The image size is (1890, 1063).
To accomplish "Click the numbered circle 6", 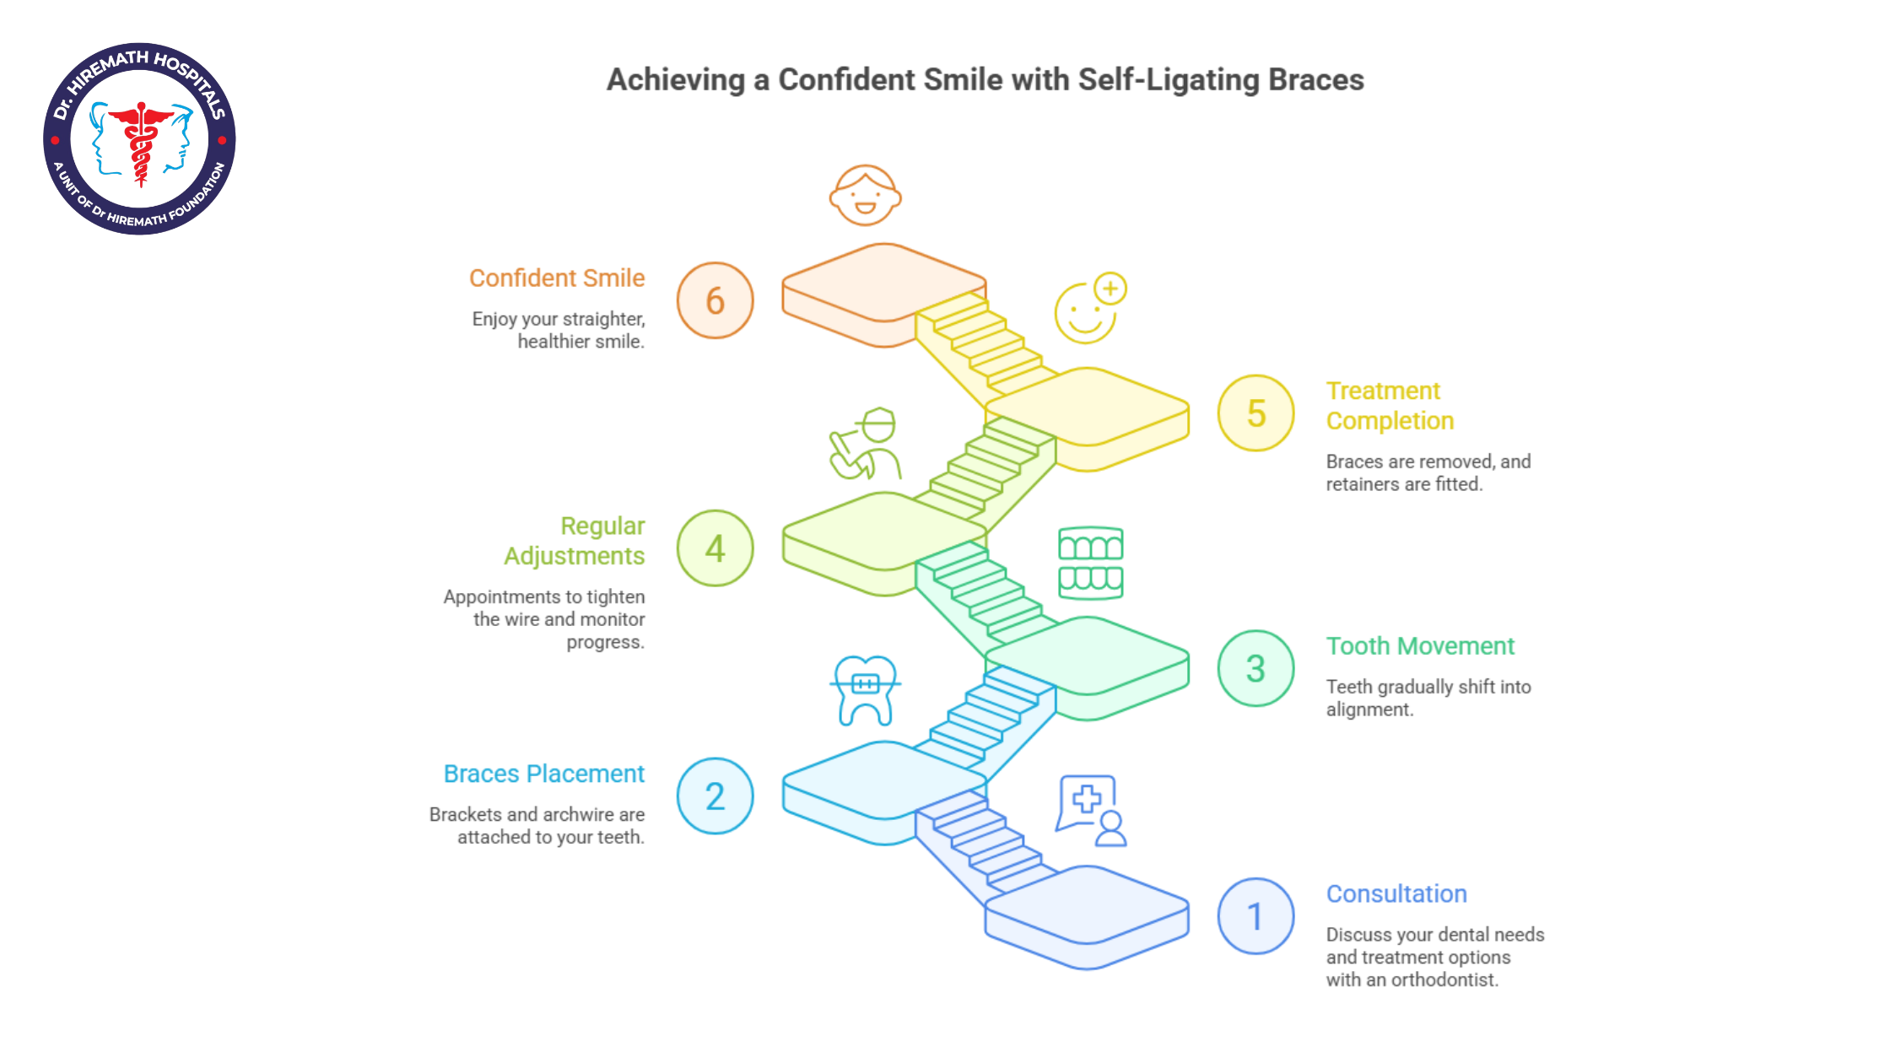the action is pos(715,300).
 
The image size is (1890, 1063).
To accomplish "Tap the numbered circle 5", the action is pos(1255,413).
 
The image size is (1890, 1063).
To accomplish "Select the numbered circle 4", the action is pos(715,548).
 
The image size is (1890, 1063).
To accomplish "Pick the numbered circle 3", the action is pos(1255,668).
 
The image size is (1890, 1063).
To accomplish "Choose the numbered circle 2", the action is pos(715,796).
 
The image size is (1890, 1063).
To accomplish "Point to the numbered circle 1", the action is pos(1255,916).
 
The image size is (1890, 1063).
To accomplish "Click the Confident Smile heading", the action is pos(557,278).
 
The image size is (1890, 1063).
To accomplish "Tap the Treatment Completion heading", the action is pos(1390,406).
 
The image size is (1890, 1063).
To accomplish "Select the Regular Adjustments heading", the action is pos(575,541).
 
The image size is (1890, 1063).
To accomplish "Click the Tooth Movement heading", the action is pos(1420,646).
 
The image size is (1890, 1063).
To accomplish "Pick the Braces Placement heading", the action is pos(544,774).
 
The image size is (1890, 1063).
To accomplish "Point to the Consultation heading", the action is pos(1396,894).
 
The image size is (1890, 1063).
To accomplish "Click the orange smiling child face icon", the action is pos(865,195).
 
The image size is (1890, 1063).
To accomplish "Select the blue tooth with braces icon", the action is pos(865,691).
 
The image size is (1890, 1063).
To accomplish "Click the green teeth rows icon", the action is pos(1090,563).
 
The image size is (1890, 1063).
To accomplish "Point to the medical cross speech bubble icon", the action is pos(1090,811).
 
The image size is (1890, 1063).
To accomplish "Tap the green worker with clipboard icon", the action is pos(865,444).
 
